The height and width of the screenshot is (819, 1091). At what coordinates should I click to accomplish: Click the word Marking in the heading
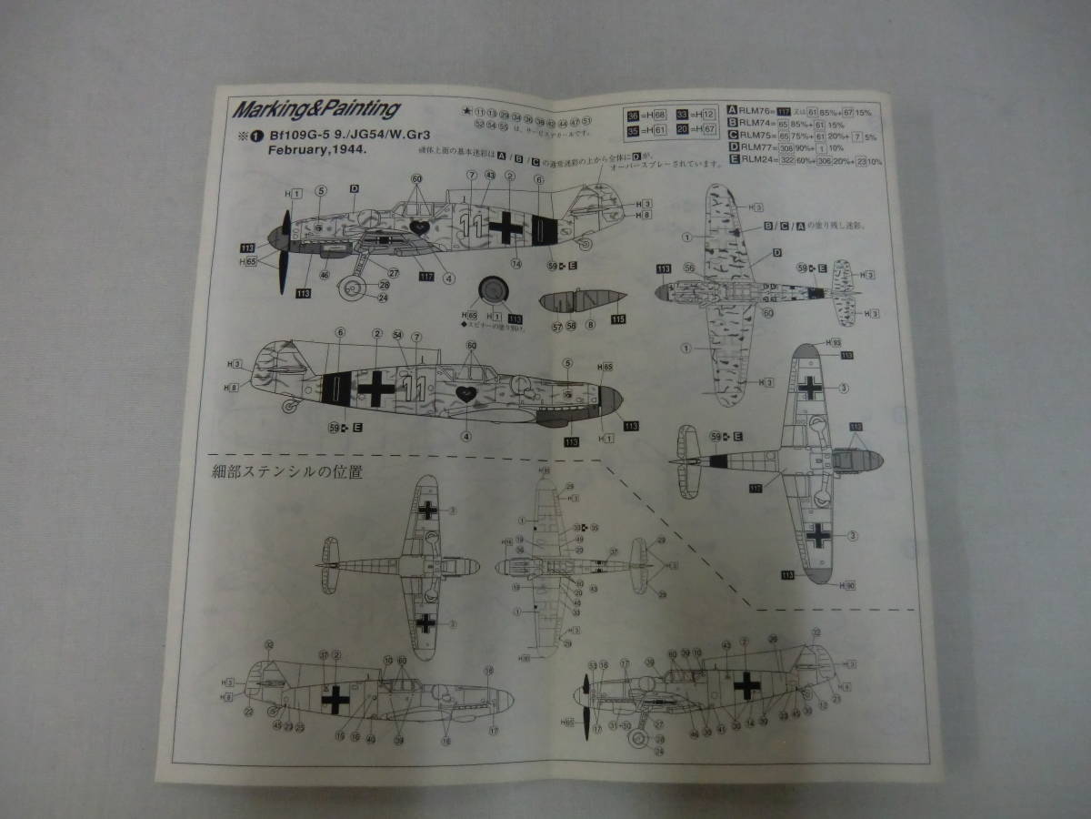click(269, 110)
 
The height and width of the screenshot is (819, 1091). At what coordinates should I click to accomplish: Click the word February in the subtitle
click(295, 153)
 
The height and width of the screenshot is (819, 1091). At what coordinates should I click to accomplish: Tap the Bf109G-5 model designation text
click(299, 136)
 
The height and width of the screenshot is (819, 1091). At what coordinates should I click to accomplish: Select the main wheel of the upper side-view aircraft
click(349, 290)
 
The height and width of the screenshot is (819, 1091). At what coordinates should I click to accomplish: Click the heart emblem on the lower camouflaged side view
click(466, 395)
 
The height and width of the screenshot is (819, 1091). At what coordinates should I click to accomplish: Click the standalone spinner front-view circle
click(494, 289)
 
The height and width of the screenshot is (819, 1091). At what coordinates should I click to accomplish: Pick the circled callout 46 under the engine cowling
click(325, 273)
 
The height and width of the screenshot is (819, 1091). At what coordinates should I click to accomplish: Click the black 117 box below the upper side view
click(425, 276)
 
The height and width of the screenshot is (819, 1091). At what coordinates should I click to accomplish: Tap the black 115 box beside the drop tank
click(619, 318)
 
